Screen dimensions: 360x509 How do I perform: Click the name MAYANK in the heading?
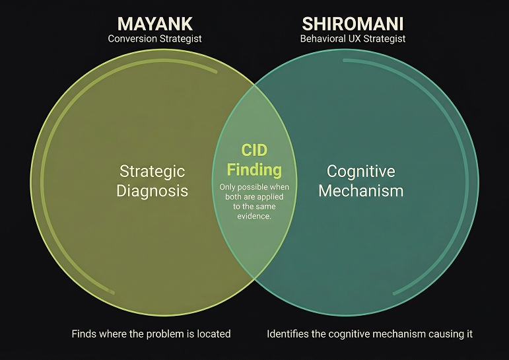pyautogui.click(x=154, y=24)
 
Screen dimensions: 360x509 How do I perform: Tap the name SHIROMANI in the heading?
pyautogui.click(x=353, y=24)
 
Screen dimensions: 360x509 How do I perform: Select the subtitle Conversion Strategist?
pyautogui.click(x=154, y=39)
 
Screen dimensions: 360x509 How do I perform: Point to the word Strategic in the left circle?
pyautogui.click(x=152, y=171)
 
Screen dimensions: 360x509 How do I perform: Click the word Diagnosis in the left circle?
pyautogui.click(x=152, y=192)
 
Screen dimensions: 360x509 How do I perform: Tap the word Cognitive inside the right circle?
pyautogui.click(x=360, y=171)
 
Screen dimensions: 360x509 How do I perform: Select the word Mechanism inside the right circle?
pyautogui.click(x=360, y=192)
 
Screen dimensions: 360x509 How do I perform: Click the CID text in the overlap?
pyautogui.click(x=254, y=151)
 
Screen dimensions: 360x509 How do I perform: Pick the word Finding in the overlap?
pyautogui.click(x=254, y=170)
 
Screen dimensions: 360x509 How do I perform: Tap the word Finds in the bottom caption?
pyautogui.click(x=83, y=334)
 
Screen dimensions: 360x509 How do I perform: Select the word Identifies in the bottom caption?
pyautogui.click(x=289, y=334)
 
